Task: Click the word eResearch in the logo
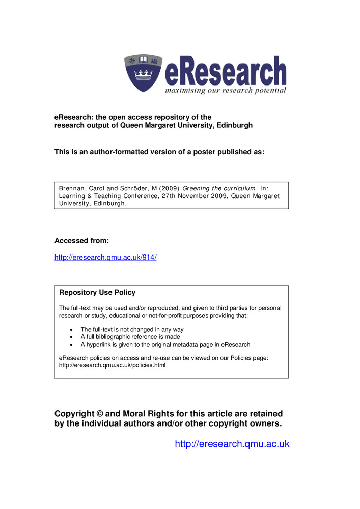click(x=225, y=72)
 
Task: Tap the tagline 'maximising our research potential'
click(x=225, y=91)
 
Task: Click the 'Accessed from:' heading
click(x=81, y=240)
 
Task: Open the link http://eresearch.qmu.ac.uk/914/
click(x=105, y=257)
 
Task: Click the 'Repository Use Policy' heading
click(x=97, y=292)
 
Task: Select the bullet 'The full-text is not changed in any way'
click(x=132, y=330)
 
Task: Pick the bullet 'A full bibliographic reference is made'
click(x=130, y=337)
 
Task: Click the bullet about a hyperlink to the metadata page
click(x=165, y=345)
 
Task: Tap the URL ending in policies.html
click(x=112, y=365)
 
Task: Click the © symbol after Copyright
click(x=99, y=414)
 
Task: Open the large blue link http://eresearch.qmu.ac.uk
click(x=232, y=444)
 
